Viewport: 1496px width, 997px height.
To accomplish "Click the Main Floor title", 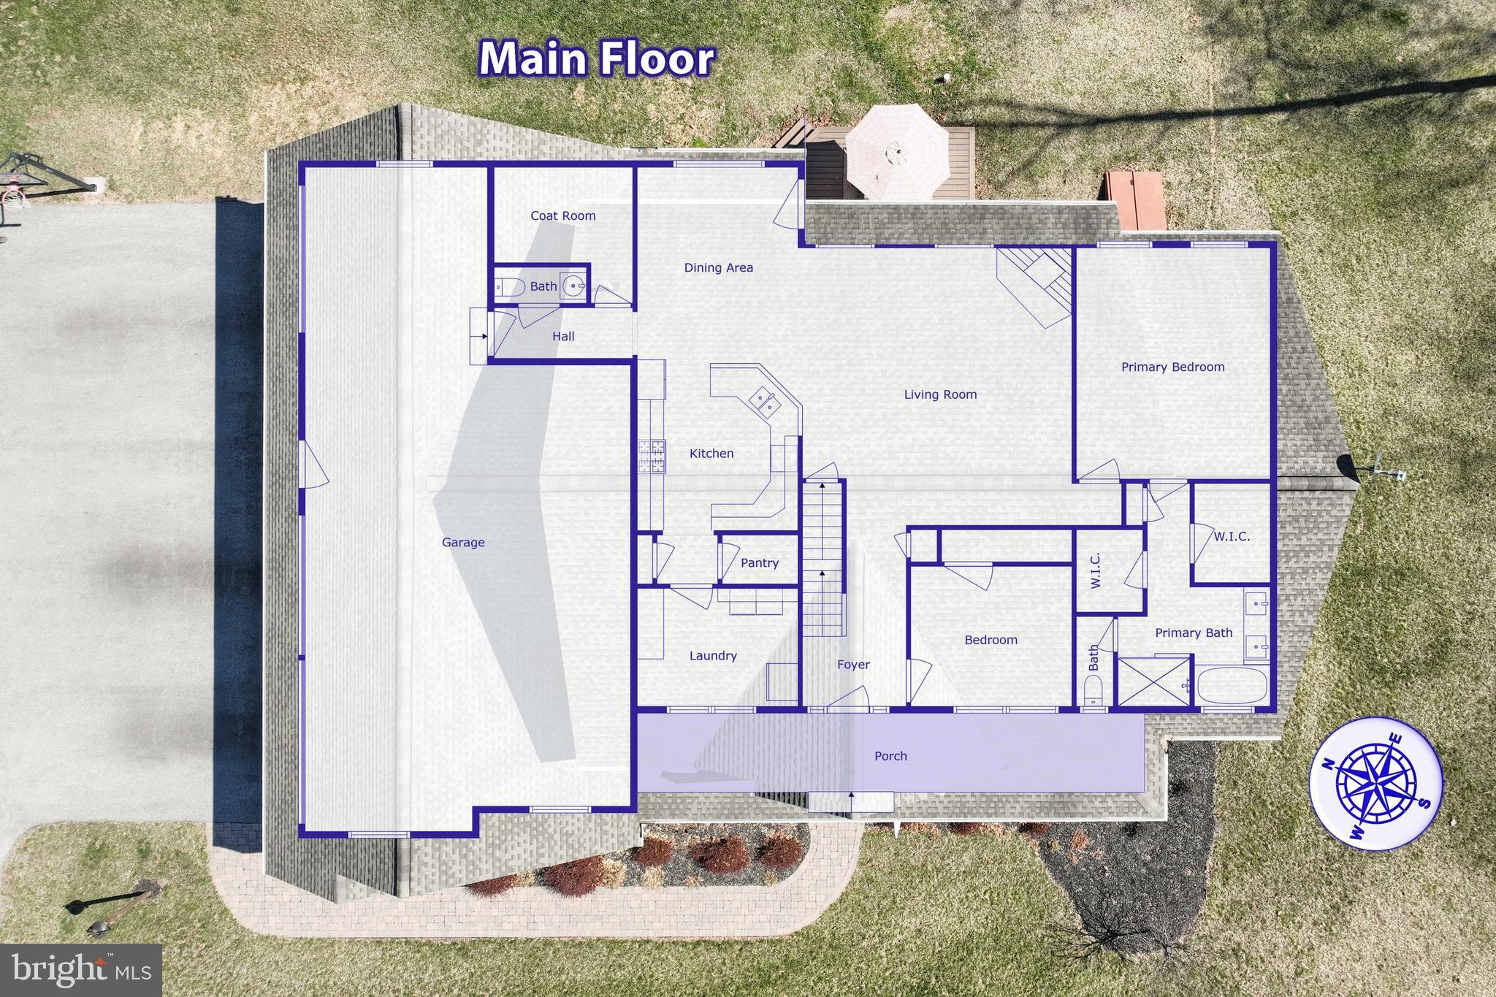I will coord(596,58).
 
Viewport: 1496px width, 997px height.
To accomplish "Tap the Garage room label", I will coord(463,543).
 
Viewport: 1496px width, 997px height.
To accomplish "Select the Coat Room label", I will coord(562,216).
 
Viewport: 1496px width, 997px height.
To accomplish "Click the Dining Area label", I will coord(718,268).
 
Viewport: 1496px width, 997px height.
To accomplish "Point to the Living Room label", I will coord(940,395).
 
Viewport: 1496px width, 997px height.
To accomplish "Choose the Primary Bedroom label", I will coord(1172,367).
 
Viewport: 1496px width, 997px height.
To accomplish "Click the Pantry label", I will coord(759,563).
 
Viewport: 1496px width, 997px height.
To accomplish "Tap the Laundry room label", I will coord(713,656).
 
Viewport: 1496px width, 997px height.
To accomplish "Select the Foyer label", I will coord(853,665).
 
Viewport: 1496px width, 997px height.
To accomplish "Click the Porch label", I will coord(890,756).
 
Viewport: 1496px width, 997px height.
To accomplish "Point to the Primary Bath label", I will coord(1193,633).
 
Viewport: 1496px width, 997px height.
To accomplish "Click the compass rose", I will coord(1375,791).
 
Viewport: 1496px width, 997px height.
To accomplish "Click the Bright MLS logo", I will coord(81,970).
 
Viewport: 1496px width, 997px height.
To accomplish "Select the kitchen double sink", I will coord(764,402).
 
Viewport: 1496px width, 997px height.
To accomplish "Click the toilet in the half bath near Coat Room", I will coord(508,287).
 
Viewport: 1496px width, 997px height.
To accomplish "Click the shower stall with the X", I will coord(1153,682).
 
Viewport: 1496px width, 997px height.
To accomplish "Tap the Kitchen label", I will coord(711,454).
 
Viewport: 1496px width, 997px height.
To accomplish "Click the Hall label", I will coord(562,337).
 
